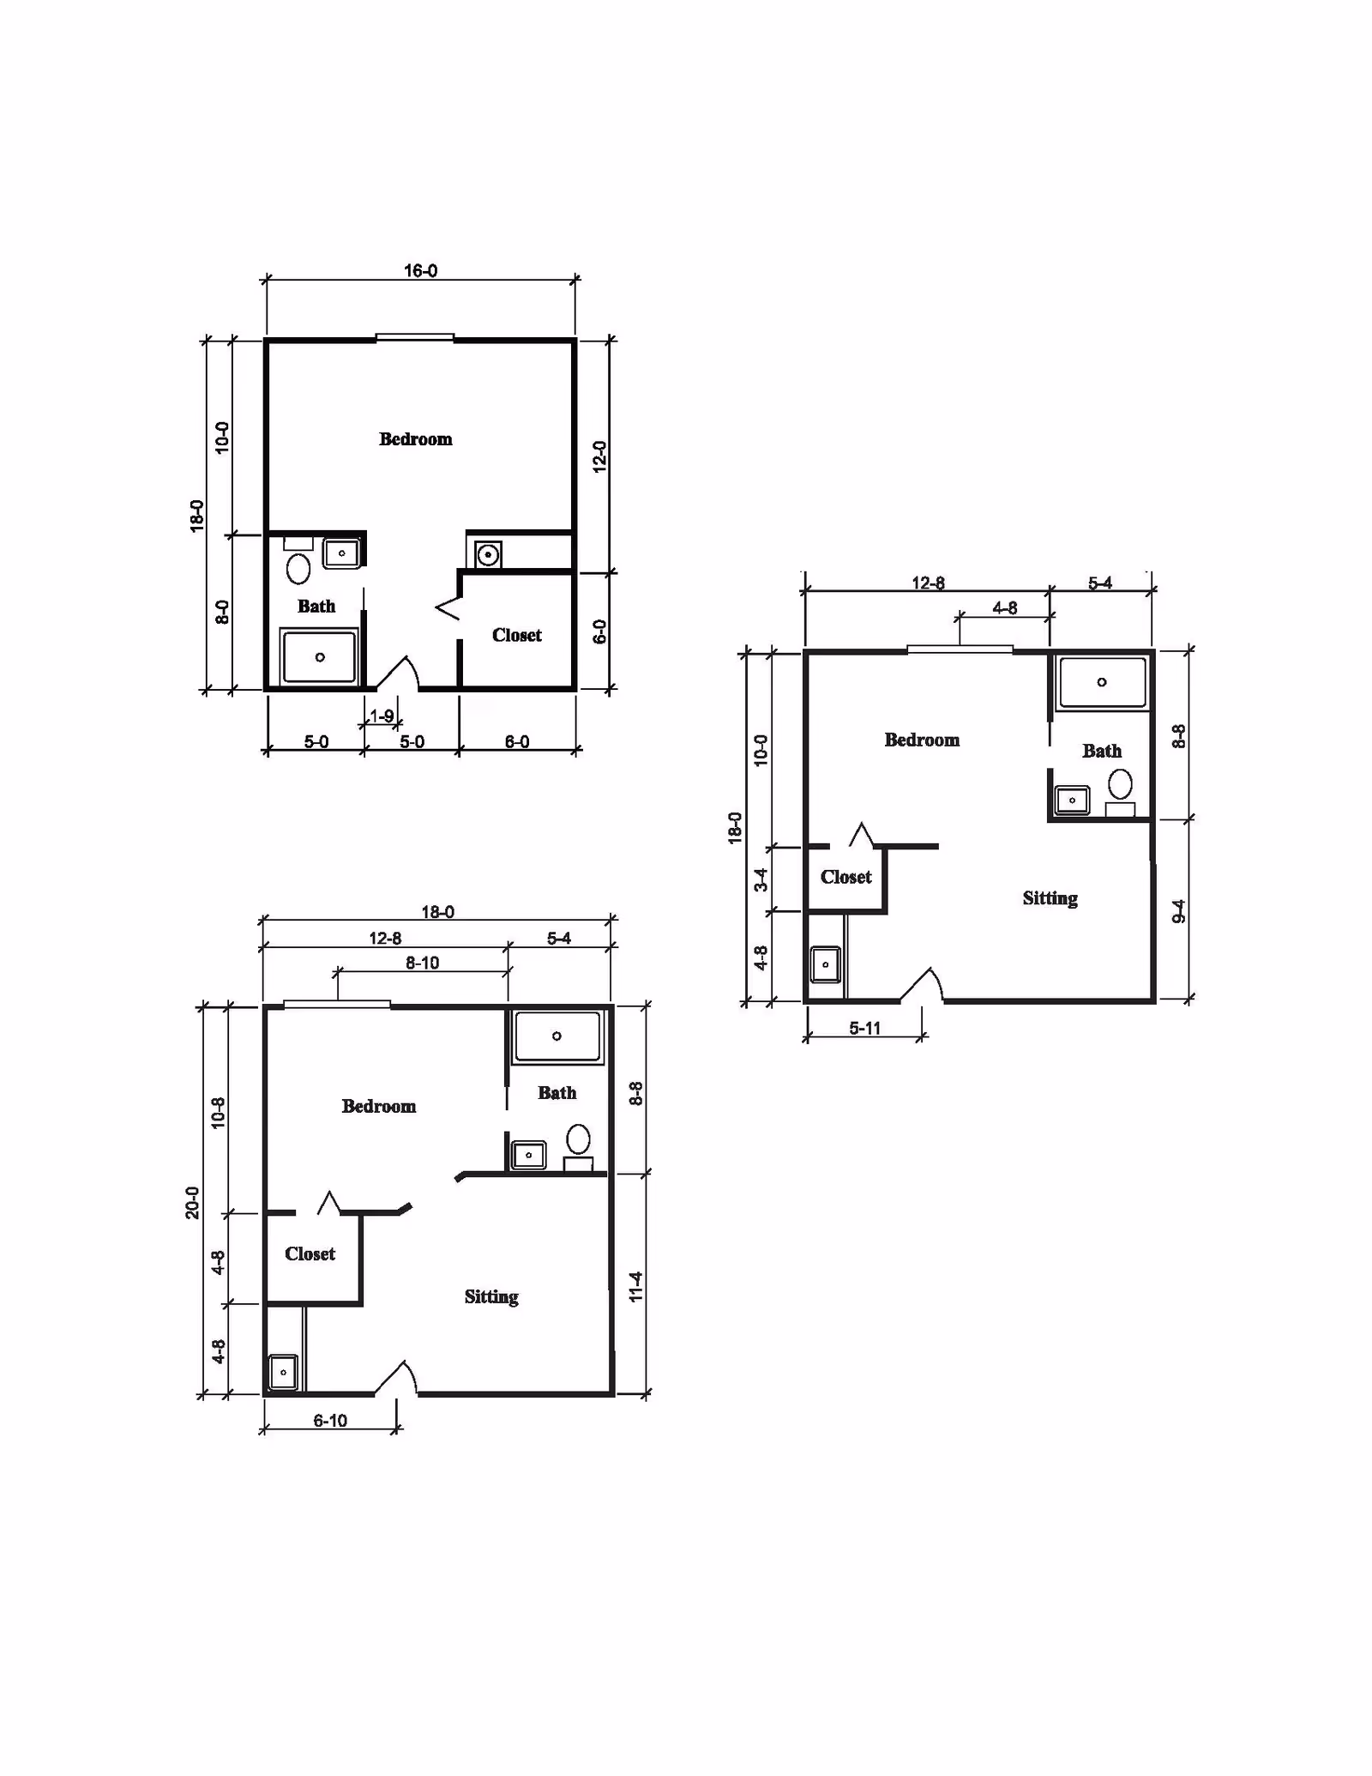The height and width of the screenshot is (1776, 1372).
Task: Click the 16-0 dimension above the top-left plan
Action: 420,271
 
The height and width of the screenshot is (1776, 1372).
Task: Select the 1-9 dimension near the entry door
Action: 382,716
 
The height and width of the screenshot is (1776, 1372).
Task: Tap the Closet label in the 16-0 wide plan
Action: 516,635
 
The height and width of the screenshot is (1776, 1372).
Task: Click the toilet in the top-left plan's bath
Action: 298,568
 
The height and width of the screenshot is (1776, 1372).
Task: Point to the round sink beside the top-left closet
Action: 488,555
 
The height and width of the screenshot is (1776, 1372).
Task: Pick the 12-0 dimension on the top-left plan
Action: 599,456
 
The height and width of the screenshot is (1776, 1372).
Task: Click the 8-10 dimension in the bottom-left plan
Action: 422,963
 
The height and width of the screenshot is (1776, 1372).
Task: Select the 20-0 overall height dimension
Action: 192,1202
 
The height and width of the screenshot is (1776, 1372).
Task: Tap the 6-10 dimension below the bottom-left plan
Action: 330,1421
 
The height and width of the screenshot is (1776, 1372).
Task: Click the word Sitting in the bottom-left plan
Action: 491,1296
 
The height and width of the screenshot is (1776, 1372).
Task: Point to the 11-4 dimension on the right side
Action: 635,1287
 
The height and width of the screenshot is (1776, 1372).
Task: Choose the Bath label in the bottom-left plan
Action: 557,1093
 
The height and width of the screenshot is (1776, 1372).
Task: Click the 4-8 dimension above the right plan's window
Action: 1004,608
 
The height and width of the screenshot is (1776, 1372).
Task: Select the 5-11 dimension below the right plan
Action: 864,1028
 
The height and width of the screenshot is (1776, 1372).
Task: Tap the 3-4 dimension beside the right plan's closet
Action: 761,880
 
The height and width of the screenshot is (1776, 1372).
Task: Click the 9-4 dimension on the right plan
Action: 1179,911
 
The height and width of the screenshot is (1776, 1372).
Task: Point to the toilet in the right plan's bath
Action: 1120,784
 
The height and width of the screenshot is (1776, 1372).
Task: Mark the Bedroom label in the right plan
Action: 922,740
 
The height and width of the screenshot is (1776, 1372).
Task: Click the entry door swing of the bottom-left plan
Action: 397,1377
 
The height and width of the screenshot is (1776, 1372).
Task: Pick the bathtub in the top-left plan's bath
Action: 319,657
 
